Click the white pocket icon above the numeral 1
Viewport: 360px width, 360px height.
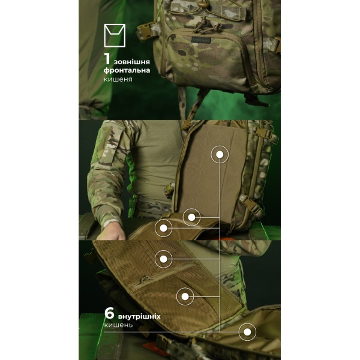pyautogui.click(x=115, y=35)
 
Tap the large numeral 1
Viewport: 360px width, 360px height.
pyautogui.click(x=107, y=59)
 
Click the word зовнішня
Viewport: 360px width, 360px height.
pyautogui.click(x=132, y=62)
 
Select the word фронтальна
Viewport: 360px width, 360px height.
pyautogui.click(x=127, y=70)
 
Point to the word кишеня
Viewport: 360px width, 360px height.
pyautogui.click(x=118, y=79)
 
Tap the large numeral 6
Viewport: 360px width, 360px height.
pyautogui.click(x=109, y=313)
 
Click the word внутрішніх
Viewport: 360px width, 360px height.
pyautogui.click(x=139, y=317)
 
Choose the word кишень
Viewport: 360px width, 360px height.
pyautogui.click(x=118, y=325)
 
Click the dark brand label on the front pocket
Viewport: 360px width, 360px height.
pyautogui.click(x=201, y=40)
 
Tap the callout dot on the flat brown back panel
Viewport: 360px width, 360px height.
pyautogui.click(x=220, y=155)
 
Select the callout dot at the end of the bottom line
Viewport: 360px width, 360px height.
pyautogui.click(x=247, y=332)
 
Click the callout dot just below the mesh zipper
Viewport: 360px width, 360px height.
pyautogui.click(x=185, y=296)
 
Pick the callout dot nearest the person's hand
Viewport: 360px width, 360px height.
pyautogui.click(x=163, y=228)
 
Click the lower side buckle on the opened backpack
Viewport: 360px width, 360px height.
pyautogui.click(x=251, y=205)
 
